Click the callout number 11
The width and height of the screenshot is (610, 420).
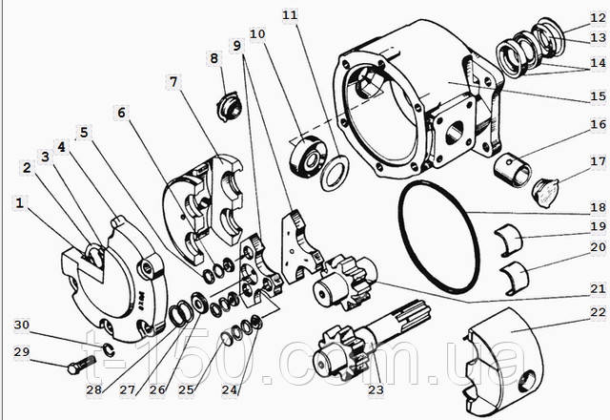290,15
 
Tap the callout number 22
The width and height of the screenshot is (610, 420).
598,312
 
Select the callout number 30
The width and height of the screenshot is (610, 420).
22,325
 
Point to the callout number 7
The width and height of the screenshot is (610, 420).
173,82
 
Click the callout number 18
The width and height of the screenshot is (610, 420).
598,207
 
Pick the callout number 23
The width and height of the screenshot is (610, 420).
376,389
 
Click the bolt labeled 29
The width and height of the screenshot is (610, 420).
81,364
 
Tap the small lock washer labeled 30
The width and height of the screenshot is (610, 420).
109,349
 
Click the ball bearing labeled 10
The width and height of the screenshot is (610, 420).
309,157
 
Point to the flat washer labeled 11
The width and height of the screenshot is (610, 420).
335,172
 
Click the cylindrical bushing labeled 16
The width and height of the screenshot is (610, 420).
513,170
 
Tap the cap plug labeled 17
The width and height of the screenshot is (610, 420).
545,192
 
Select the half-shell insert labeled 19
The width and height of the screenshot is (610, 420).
509,240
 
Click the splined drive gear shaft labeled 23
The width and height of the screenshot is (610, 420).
373,338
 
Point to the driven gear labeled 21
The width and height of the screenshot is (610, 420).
345,282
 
